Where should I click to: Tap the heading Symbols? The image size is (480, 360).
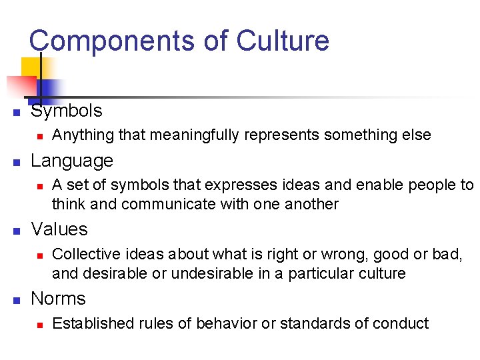click(67, 111)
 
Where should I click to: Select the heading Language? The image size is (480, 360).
click(72, 161)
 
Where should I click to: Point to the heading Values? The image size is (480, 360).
click(59, 229)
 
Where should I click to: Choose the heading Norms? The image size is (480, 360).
click(59, 299)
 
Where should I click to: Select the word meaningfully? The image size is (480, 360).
click(181, 135)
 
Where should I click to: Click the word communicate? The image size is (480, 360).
click(166, 204)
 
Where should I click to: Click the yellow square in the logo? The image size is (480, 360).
click(31, 67)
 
